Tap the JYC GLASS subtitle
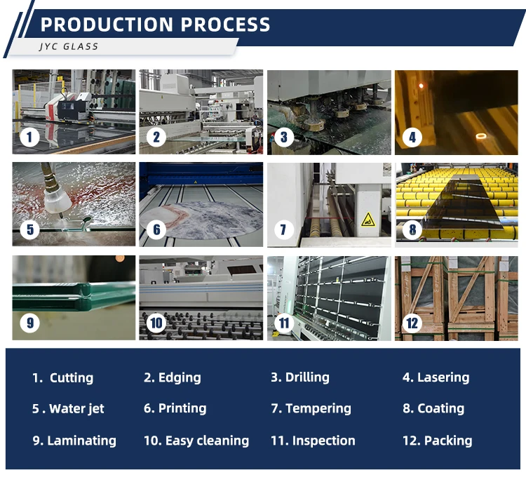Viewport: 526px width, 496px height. coord(69,47)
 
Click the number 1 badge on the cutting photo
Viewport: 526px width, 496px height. coord(29,137)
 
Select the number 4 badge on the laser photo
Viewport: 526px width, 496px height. coord(412,137)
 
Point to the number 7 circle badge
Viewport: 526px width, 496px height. coord(283,229)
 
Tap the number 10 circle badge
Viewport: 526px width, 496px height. coord(156,323)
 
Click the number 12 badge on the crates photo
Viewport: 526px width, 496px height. coord(412,323)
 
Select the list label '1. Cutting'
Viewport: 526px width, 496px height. coord(62,377)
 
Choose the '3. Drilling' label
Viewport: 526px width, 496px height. coord(299,377)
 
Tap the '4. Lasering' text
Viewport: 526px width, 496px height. coord(436,377)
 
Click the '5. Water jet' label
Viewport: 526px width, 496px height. coord(68,408)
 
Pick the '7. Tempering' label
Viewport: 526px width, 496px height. coord(311,408)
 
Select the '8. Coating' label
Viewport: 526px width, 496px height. coord(433,408)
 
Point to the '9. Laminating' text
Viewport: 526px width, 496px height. coord(74,441)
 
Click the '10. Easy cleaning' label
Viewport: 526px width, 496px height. coord(196,441)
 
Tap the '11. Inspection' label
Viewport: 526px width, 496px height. coord(313,441)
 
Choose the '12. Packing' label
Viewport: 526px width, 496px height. coord(437,441)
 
